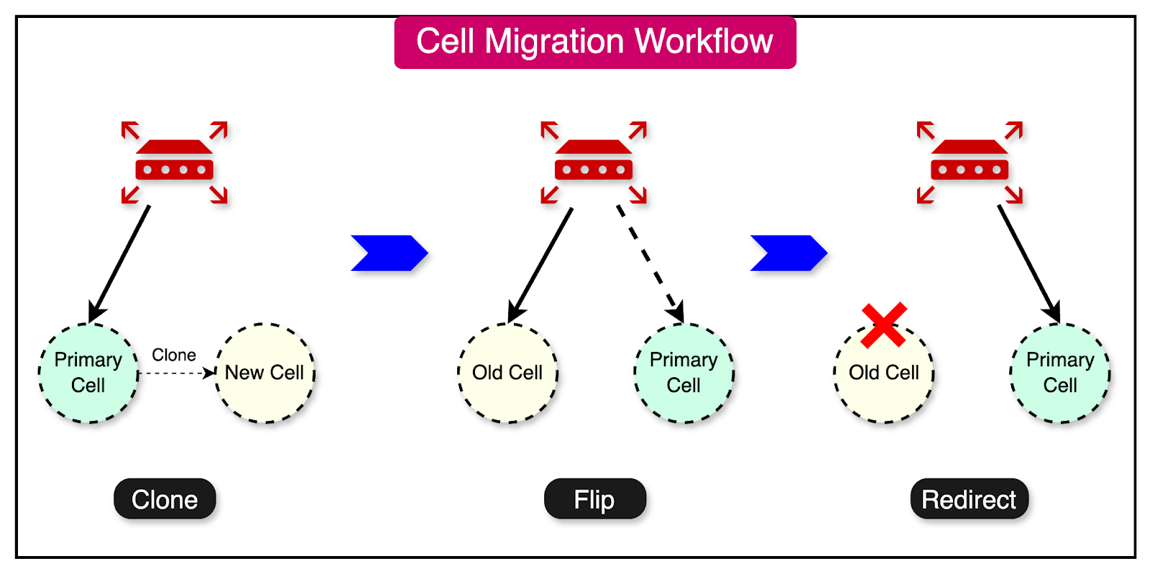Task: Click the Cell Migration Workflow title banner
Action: click(595, 42)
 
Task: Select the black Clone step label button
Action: click(165, 499)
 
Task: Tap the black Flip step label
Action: click(594, 499)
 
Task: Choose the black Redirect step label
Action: click(969, 499)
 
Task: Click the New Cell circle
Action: click(264, 374)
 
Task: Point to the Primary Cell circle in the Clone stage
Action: click(88, 374)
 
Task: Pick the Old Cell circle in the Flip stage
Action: click(507, 374)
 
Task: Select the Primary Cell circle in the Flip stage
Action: click(684, 374)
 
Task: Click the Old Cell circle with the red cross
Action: click(884, 381)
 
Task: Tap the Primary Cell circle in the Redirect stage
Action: click(1060, 374)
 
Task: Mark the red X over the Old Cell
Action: click(883, 325)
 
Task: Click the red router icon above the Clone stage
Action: click(175, 162)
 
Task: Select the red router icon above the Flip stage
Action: click(594, 162)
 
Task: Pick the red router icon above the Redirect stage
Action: click(970, 162)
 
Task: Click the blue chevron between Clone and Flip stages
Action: click(390, 253)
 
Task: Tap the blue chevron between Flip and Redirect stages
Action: click(788, 253)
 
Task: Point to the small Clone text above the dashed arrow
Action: click(174, 355)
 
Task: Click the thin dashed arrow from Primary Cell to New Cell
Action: click(176, 374)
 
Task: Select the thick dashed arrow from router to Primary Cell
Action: click(649, 262)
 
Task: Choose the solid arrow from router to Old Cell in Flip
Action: click(541, 264)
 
